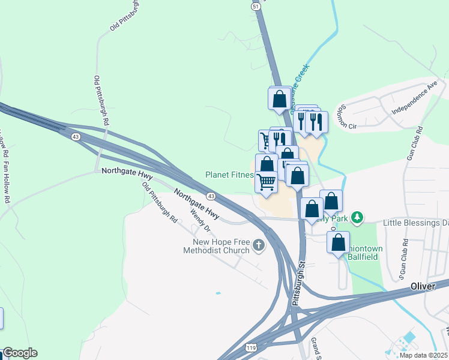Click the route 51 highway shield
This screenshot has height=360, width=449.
point(256,6)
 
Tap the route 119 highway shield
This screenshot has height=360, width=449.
point(251,347)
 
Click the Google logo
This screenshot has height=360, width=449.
point(20,353)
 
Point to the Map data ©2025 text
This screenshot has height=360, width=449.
point(424,355)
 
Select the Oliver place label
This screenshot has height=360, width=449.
point(423,287)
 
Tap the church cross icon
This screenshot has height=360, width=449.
point(259,245)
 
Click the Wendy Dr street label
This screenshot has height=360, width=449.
point(200,220)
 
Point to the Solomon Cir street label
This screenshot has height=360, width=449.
point(345,116)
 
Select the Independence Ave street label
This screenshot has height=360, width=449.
point(414,98)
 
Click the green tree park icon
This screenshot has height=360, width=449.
point(358,217)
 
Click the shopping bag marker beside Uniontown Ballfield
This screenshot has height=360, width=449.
point(339,242)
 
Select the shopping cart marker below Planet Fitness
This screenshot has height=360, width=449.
point(267,182)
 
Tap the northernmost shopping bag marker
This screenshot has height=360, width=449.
point(280,98)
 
